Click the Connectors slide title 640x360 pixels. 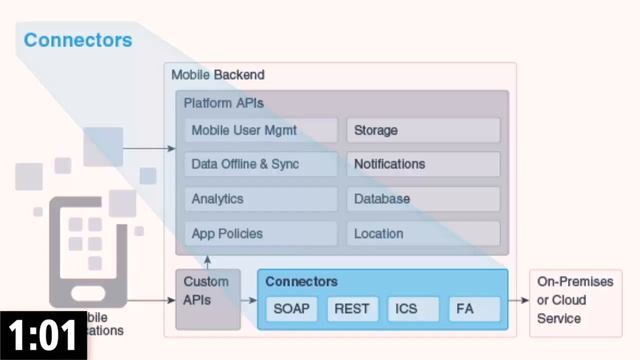77,41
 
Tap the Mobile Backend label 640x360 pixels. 218,75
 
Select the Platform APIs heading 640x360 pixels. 223,103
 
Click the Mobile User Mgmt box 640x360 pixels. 261,130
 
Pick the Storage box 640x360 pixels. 423,130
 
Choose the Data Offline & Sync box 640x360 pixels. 261,164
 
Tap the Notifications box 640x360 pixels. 423,164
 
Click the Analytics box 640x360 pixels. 261,199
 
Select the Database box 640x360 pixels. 423,199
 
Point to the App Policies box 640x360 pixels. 261,234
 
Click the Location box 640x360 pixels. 423,234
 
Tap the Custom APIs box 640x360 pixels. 207,299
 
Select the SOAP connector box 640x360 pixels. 292,309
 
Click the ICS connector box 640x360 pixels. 412,309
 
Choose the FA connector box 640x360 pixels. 473,309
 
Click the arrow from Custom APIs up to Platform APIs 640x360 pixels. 207,263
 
